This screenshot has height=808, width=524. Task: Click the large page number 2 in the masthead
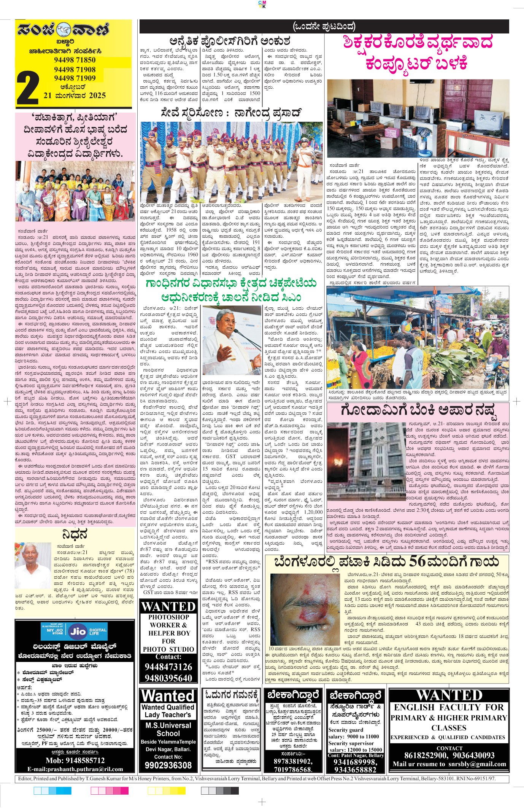[x=27, y=88]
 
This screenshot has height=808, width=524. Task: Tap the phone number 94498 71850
[x=75, y=60]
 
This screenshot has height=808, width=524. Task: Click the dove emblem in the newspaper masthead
[x=64, y=30]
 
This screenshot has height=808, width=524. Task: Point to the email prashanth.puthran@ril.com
[x=75, y=769]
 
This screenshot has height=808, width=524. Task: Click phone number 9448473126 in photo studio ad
[x=168, y=667]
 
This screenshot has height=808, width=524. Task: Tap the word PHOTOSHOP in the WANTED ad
[x=168, y=617]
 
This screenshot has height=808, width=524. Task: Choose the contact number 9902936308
[x=168, y=765]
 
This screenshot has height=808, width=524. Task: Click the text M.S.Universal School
[x=168, y=729]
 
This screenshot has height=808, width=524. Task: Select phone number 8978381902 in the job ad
[x=293, y=761]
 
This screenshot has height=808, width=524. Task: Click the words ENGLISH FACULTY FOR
[x=449, y=707]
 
